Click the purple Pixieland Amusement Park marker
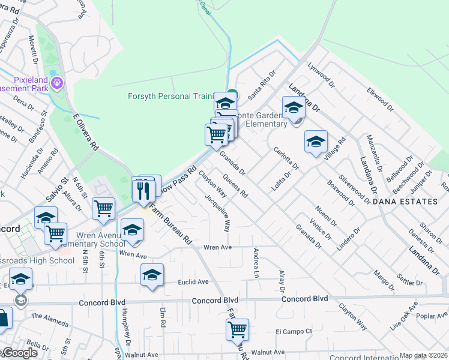click(58, 82)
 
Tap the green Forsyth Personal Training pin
click(232, 94)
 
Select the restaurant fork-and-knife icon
click(142, 191)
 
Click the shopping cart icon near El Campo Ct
click(238, 329)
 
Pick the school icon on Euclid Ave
click(152, 275)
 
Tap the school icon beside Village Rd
click(316, 142)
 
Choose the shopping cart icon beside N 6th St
click(104, 208)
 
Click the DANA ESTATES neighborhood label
click(405, 202)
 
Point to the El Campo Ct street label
click(294, 331)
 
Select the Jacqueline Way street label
click(218, 214)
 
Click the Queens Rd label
click(235, 185)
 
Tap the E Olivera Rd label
click(85, 132)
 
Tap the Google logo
click(19, 353)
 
